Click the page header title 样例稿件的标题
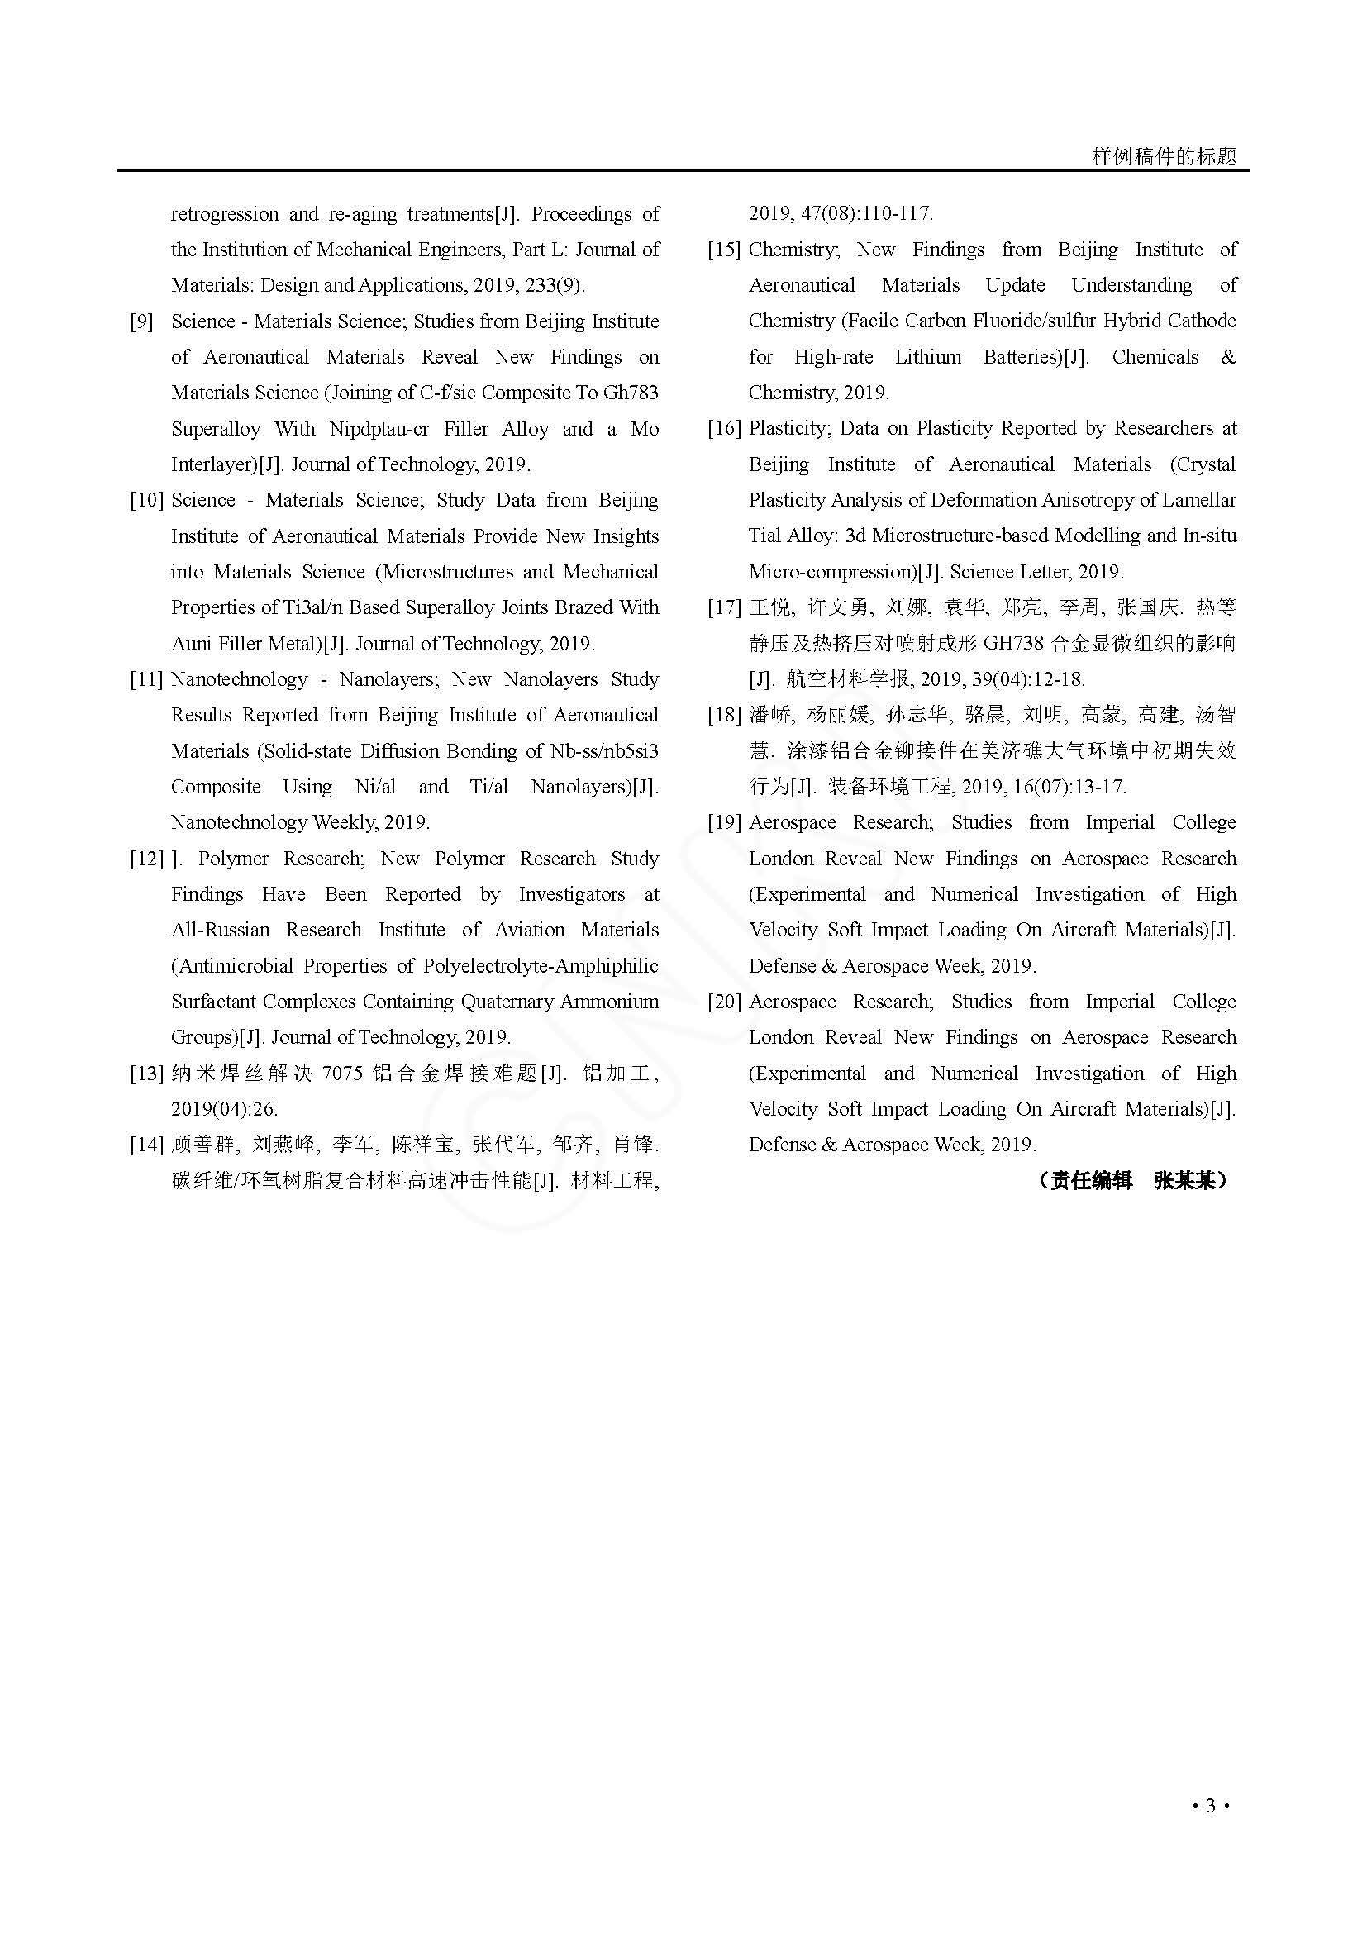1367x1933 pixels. (x=1164, y=156)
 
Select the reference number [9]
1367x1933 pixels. (x=141, y=321)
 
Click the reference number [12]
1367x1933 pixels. (x=145, y=859)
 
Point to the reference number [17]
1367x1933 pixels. (x=724, y=608)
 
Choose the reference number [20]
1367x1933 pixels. (x=724, y=1002)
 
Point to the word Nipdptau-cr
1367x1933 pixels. (x=379, y=430)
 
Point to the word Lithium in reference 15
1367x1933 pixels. (x=927, y=357)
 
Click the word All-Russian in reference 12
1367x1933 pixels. (x=221, y=931)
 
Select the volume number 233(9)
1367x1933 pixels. (x=551, y=285)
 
